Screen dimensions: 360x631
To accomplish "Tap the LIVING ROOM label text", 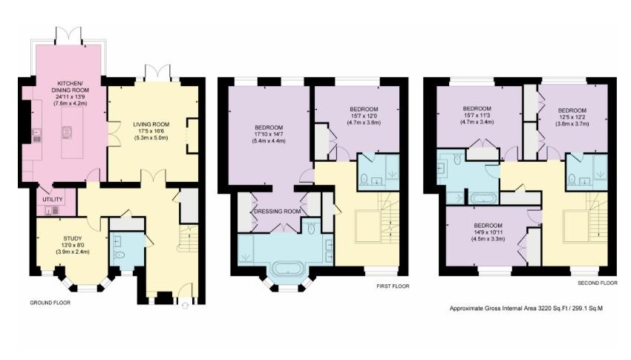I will (x=152, y=124).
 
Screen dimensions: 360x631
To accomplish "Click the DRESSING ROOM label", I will (x=277, y=212).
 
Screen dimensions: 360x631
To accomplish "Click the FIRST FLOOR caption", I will (x=390, y=286).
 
